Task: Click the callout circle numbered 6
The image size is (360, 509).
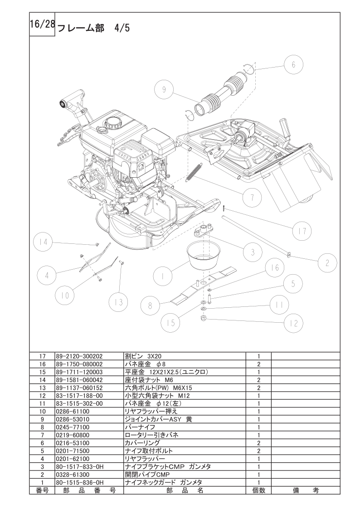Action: click(293, 65)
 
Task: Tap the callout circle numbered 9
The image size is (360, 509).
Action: click(164, 90)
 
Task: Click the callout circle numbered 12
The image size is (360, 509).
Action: click(293, 323)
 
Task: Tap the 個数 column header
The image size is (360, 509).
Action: click(258, 490)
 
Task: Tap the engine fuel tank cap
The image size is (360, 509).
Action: click(112, 122)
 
